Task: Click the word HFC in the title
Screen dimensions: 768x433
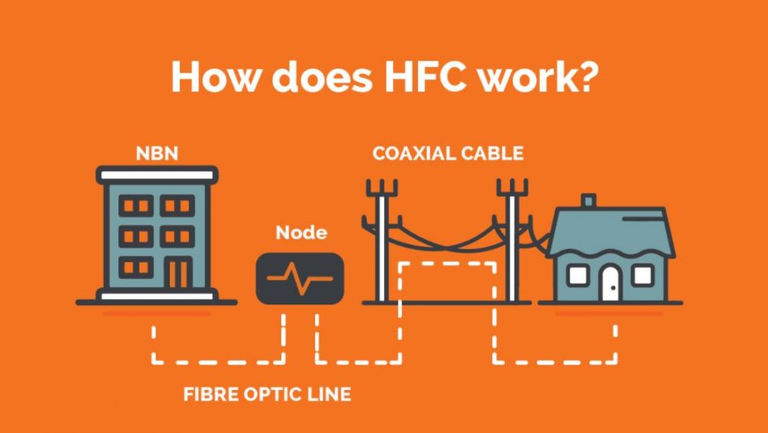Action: [x=425, y=78]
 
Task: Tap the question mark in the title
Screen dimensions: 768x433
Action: [x=586, y=77]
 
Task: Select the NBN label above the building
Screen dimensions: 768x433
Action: [x=157, y=154]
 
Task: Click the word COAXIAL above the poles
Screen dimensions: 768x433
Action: [x=414, y=154]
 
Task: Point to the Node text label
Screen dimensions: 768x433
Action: [x=301, y=232]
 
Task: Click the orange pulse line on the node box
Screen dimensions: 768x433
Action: [x=300, y=278]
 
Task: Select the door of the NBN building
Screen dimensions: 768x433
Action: [x=178, y=271]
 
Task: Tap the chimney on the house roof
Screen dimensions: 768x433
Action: [x=589, y=201]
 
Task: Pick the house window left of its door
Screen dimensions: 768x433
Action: [x=578, y=275]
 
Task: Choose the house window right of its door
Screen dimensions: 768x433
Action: [x=643, y=275]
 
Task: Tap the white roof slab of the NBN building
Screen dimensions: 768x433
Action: [x=157, y=175]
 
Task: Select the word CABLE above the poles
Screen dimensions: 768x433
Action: [x=493, y=154]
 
